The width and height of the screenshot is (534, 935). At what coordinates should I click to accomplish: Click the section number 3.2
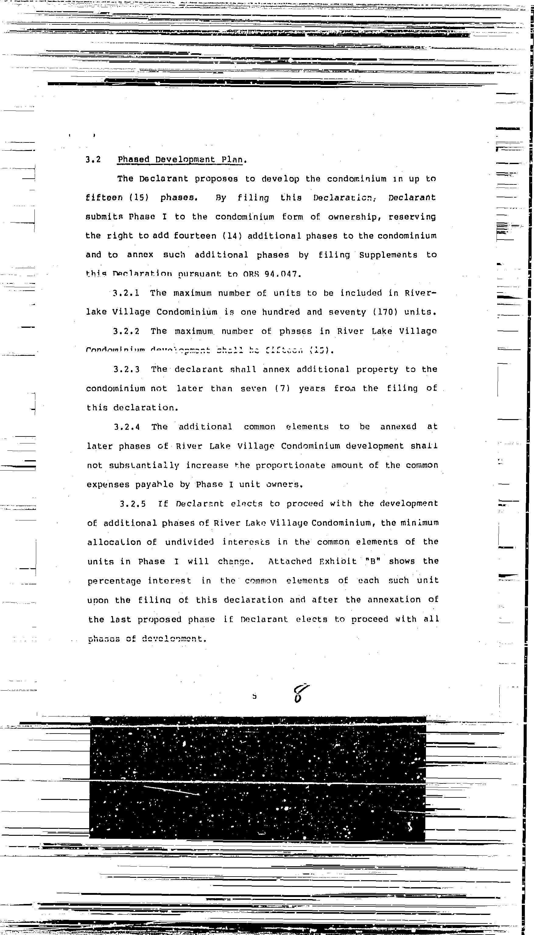pyautogui.click(x=93, y=160)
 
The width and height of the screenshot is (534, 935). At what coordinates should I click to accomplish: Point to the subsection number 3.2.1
pyautogui.click(x=126, y=293)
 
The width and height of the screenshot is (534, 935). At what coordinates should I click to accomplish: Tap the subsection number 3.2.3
pyautogui.click(x=127, y=369)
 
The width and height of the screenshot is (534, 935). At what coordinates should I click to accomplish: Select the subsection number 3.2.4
pyautogui.click(x=127, y=427)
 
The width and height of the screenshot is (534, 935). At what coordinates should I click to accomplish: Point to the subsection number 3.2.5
pyautogui.click(x=133, y=504)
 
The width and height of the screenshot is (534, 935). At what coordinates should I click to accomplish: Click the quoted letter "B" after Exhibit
pyautogui.click(x=373, y=561)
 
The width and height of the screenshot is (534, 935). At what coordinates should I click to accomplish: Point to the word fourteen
pyautogui.click(x=195, y=236)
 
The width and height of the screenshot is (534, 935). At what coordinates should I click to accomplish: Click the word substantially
pyautogui.click(x=144, y=465)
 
